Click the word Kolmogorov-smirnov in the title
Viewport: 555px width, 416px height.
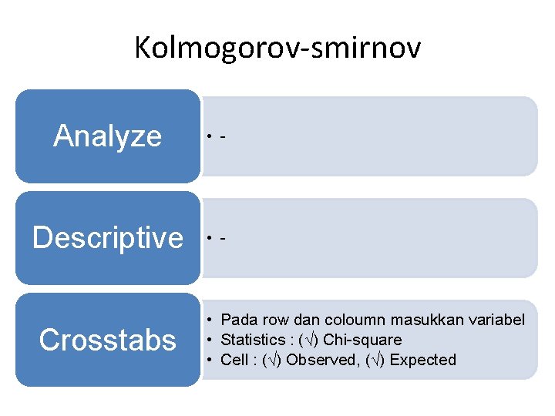(277, 49)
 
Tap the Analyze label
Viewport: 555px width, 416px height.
(107, 136)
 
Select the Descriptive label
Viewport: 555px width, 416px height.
(108, 237)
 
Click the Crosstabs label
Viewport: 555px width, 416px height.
(107, 340)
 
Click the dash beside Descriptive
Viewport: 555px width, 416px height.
(223, 239)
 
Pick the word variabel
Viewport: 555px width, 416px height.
(495, 320)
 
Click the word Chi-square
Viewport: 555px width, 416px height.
(362, 340)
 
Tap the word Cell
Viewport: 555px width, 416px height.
(233, 360)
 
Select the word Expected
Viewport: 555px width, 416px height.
(422, 360)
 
